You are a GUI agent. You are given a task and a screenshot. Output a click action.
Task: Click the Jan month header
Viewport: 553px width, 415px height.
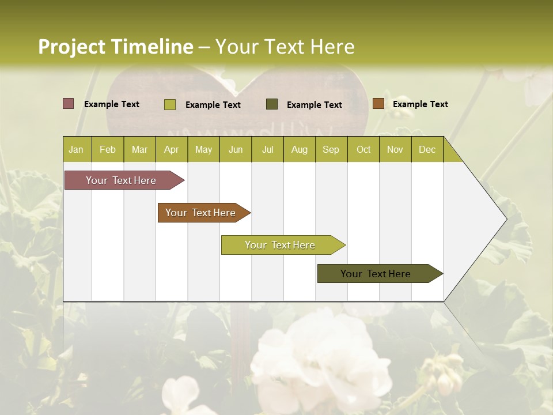(x=76, y=150)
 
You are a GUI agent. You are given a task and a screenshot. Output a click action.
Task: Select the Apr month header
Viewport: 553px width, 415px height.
(x=171, y=150)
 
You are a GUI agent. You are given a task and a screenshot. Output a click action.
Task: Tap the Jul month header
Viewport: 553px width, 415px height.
(x=267, y=150)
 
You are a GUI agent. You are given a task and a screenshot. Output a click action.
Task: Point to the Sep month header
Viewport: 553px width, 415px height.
(x=331, y=150)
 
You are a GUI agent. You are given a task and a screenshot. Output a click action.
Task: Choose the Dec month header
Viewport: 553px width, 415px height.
(x=427, y=150)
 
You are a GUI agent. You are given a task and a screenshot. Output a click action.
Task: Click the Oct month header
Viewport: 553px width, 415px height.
(x=363, y=150)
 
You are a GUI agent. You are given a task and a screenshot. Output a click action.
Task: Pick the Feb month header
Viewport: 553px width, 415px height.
(x=108, y=150)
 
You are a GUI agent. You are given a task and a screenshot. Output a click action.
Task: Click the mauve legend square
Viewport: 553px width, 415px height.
(x=69, y=104)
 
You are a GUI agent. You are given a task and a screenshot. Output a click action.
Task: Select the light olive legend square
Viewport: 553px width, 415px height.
(x=170, y=104)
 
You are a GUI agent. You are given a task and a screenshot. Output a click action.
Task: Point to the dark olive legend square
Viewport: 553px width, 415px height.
(x=272, y=104)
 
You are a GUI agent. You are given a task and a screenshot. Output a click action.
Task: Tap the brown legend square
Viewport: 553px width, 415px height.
(x=378, y=104)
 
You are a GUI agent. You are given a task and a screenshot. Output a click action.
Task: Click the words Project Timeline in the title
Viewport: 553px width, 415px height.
(x=115, y=47)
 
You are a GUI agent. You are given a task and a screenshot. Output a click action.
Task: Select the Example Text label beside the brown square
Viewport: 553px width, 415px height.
(x=420, y=104)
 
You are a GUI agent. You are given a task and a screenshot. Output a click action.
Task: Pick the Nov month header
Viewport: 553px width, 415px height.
(x=395, y=150)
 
